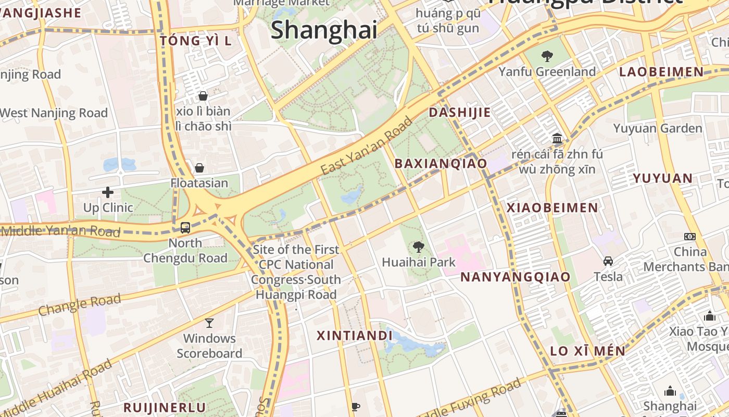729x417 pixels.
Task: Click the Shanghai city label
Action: (x=324, y=30)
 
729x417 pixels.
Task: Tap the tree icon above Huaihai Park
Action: (x=418, y=247)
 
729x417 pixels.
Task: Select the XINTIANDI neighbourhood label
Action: (x=354, y=336)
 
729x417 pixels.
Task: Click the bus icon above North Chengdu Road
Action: (x=185, y=227)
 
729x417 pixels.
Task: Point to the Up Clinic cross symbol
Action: (x=108, y=192)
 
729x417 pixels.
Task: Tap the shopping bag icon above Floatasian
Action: (x=199, y=168)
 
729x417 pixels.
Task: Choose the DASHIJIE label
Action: (x=460, y=113)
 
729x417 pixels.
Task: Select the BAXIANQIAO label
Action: (x=441, y=164)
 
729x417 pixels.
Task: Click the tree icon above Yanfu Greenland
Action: (x=547, y=56)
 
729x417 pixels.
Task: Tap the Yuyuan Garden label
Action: (x=658, y=128)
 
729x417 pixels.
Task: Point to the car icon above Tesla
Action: (x=608, y=261)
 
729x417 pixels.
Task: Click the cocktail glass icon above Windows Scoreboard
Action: (x=209, y=323)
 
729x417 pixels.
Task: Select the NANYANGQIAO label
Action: (x=516, y=277)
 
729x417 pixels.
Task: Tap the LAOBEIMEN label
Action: (x=661, y=72)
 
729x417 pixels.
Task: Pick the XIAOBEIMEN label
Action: (x=552, y=208)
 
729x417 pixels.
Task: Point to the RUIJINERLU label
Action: (x=165, y=408)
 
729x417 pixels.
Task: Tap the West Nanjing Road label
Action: (x=54, y=113)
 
